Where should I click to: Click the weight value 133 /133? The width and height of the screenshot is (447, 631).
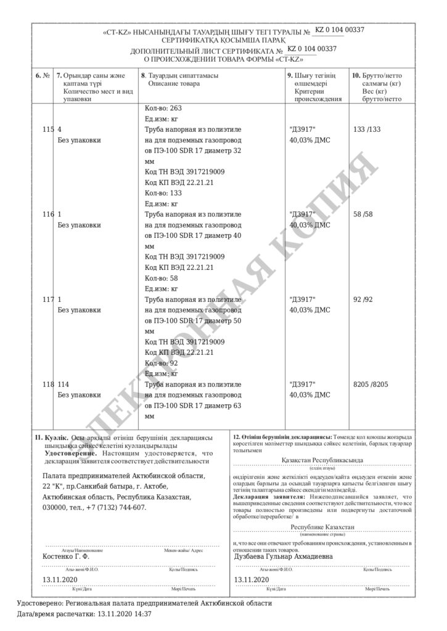pos(364,129)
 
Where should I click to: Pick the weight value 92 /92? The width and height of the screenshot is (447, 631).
pos(362,300)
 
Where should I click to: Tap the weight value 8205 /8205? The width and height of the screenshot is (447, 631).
pos(370,385)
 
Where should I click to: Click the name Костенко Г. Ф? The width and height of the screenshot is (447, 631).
pos(66,556)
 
